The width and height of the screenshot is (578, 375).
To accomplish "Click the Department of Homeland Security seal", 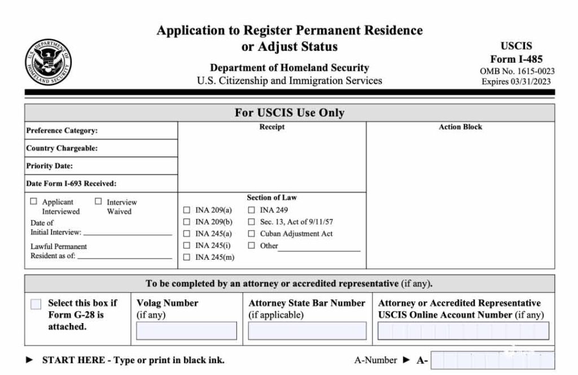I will (48, 62).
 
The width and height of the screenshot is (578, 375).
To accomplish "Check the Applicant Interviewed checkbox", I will (33, 201).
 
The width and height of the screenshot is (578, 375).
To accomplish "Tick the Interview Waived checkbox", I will (98, 201).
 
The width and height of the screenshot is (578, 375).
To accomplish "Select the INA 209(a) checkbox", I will (187, 210).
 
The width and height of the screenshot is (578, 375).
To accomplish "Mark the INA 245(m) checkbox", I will (187, 258).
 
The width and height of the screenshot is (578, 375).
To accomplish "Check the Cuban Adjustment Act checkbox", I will (252, 234).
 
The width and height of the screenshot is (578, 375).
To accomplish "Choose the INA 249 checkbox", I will (252, 210).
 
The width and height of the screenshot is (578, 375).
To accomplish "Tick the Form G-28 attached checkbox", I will (36, 304).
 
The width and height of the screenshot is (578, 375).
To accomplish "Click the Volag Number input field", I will (186, 331).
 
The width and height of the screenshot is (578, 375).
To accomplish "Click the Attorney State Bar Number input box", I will (307, 331).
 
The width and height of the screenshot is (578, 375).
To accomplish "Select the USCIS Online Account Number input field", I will (463, 331).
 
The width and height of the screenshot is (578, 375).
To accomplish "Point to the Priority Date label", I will (50, 166).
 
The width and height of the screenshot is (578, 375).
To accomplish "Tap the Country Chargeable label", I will (62, 149).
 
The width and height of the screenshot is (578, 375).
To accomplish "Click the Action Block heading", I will (461, 127).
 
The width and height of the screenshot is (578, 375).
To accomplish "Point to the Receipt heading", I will (272, 127).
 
